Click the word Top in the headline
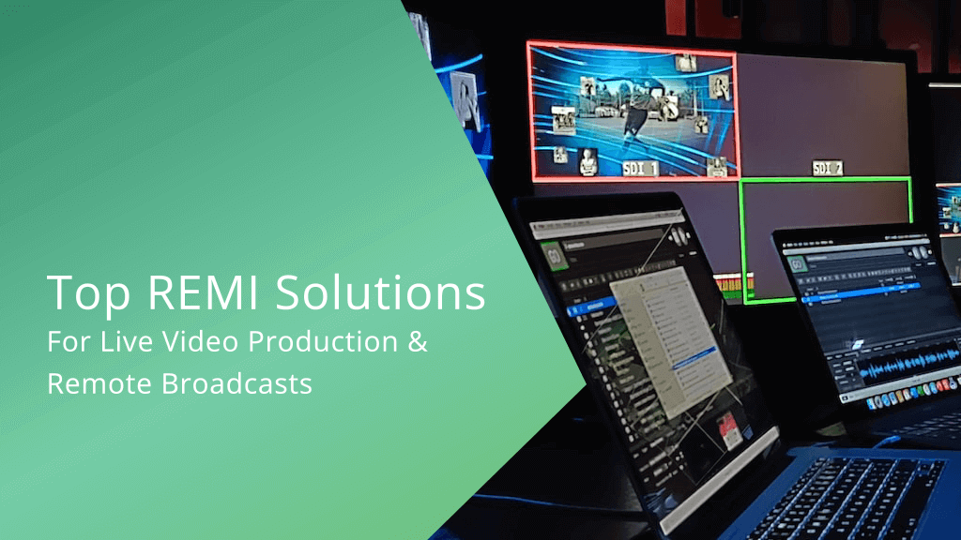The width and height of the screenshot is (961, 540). (x=81, y=292)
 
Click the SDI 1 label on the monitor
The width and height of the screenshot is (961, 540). (x=641, y=169)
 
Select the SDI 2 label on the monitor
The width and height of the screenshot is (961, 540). (x=827, y=168)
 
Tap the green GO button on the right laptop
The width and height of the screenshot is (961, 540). (x=798, y=264)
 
